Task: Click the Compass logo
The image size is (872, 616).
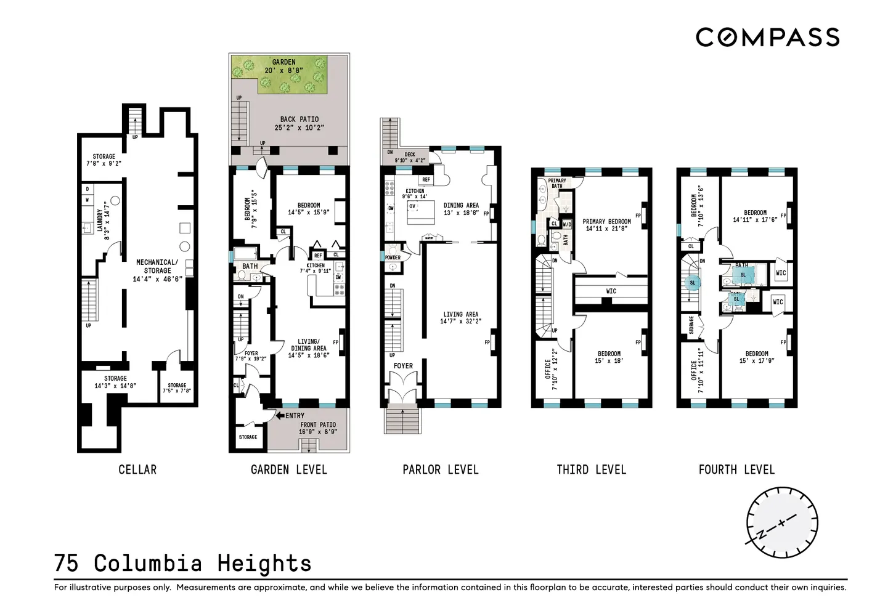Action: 767,38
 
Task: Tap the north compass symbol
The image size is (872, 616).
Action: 781,523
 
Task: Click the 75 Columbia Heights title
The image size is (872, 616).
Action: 183,563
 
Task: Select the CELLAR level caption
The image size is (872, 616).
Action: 137,469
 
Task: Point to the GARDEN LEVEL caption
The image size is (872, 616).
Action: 288,469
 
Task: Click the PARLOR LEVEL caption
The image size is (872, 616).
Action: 440,469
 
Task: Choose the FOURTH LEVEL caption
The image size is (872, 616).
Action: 736,469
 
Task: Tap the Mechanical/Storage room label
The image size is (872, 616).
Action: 157,270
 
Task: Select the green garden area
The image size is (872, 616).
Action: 283,74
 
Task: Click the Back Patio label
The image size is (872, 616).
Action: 299,123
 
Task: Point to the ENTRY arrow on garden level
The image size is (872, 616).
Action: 280,416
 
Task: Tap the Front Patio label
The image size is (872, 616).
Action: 318,428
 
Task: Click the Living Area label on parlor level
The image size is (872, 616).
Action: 460,317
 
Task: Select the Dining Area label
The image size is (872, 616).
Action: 461,209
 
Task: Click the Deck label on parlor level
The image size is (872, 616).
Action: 410,157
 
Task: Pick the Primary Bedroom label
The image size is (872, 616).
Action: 606,225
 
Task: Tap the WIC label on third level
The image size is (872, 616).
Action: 611,291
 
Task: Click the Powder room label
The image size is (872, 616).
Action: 393,257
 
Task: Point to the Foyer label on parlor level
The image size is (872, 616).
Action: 403,366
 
